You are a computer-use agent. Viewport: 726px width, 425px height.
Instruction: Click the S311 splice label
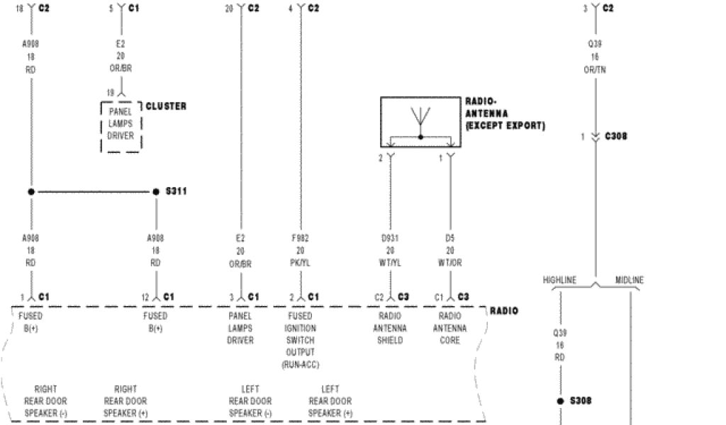(x=177, y=192)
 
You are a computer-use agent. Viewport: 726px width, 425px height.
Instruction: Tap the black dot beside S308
(x=560, y=401)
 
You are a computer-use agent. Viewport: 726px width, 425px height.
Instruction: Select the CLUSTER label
(x=166, y=106)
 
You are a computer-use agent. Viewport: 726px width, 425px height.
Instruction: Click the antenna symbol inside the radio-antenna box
(x=420, y=120)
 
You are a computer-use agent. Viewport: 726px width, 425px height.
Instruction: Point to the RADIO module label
(x=503, y=311)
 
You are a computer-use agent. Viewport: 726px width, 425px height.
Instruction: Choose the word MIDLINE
(x=629, y=280)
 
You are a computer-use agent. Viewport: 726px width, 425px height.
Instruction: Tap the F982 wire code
(x=301, y=238)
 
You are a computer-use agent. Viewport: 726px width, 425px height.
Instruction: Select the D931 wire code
(x=390, y=238)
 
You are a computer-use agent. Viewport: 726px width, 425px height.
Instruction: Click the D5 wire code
(x=449, y=238)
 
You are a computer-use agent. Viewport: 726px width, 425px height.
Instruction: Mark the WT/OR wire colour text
(x=449, y=262)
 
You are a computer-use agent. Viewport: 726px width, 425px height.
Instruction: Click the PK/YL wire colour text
(x=301, y=262)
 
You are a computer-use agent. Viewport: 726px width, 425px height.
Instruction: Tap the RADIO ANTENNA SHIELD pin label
(x=390, y=328)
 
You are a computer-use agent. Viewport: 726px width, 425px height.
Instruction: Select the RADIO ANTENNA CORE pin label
(x=449, y=328)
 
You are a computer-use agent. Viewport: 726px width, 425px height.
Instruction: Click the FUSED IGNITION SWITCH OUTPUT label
(x=301, y=340)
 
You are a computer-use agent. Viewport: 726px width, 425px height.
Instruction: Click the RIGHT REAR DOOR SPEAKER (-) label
(x=46, y=401)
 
